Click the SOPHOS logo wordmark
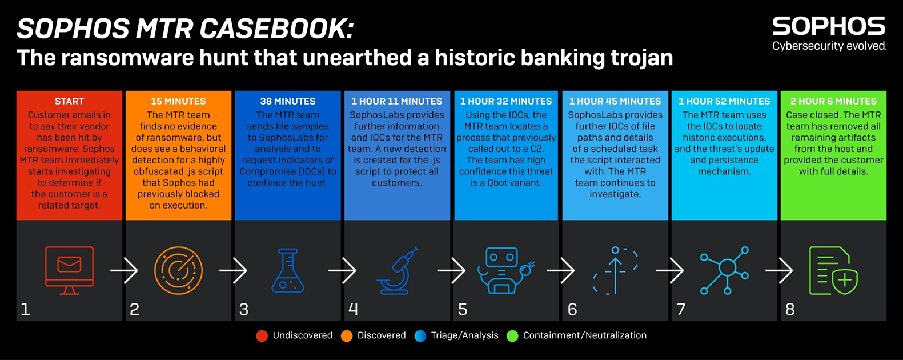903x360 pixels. pyautogui.click(x=828, y=27)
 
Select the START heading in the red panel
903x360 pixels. pyautogui.click(x=69, y=101)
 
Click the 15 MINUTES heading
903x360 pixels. pyautogui.click(x=178, y=101)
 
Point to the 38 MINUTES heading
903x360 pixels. pyautogui.click(x=288, y=101)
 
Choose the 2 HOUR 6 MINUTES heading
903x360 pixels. pyautogui.click(x=833, y=101)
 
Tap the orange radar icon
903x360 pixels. pyautogui.click(x=178, y=270)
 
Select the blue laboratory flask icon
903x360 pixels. pyautogui.click(x=288, y=270)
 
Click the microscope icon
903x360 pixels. pyautogui.click(x=398, y=270)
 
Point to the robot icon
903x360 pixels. pyautogui.click(x=506, y=270)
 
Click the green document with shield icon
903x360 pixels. pyautogui.click(x=833, y=270)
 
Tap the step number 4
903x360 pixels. pyautogui.click(x=353, y=309)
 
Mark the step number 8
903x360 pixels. pyautogui.click(x=790, y=309)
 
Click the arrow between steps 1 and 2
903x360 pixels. pyautogui.click(x=124, y=270)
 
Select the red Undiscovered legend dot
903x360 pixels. pyautogui.click(x=262, y=336)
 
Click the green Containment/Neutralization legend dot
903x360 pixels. pyautogui.click(x=512, y=336)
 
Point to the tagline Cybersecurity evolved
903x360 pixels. pyautogui.click(x=829, y=46)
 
